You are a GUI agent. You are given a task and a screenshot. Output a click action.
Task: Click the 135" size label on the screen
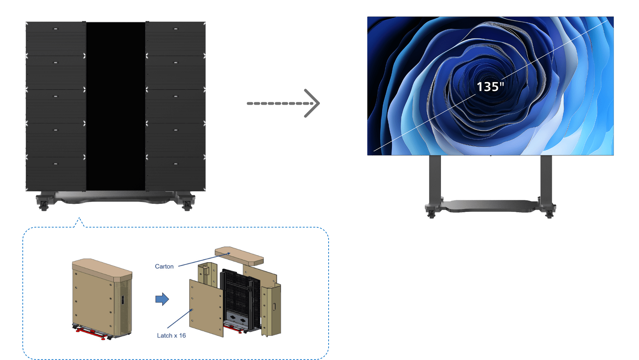(490, 86)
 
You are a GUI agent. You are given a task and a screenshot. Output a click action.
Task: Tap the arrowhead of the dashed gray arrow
(313, 103)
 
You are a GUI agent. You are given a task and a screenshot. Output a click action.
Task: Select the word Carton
(164, 266)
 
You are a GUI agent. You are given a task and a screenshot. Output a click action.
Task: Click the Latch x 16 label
(171, 335)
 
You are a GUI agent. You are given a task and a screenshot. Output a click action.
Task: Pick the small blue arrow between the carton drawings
(162, 299)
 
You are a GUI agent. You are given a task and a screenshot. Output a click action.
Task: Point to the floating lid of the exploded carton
(239, 255)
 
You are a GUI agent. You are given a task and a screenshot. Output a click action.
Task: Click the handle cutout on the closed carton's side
(123, 300)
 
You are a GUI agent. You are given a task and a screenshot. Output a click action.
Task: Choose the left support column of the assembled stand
(435, 179)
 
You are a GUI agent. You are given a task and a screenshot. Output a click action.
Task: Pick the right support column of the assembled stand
(546, 179)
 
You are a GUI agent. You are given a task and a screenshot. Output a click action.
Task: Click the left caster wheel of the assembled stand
(431, 212)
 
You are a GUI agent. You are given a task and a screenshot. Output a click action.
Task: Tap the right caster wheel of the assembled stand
(549, 212)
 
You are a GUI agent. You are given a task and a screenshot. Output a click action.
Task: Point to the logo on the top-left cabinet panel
(56, 29)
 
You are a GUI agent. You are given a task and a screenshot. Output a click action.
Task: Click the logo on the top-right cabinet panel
(176, 29)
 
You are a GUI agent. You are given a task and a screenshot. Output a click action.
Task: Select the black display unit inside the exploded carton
(238, 294)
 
